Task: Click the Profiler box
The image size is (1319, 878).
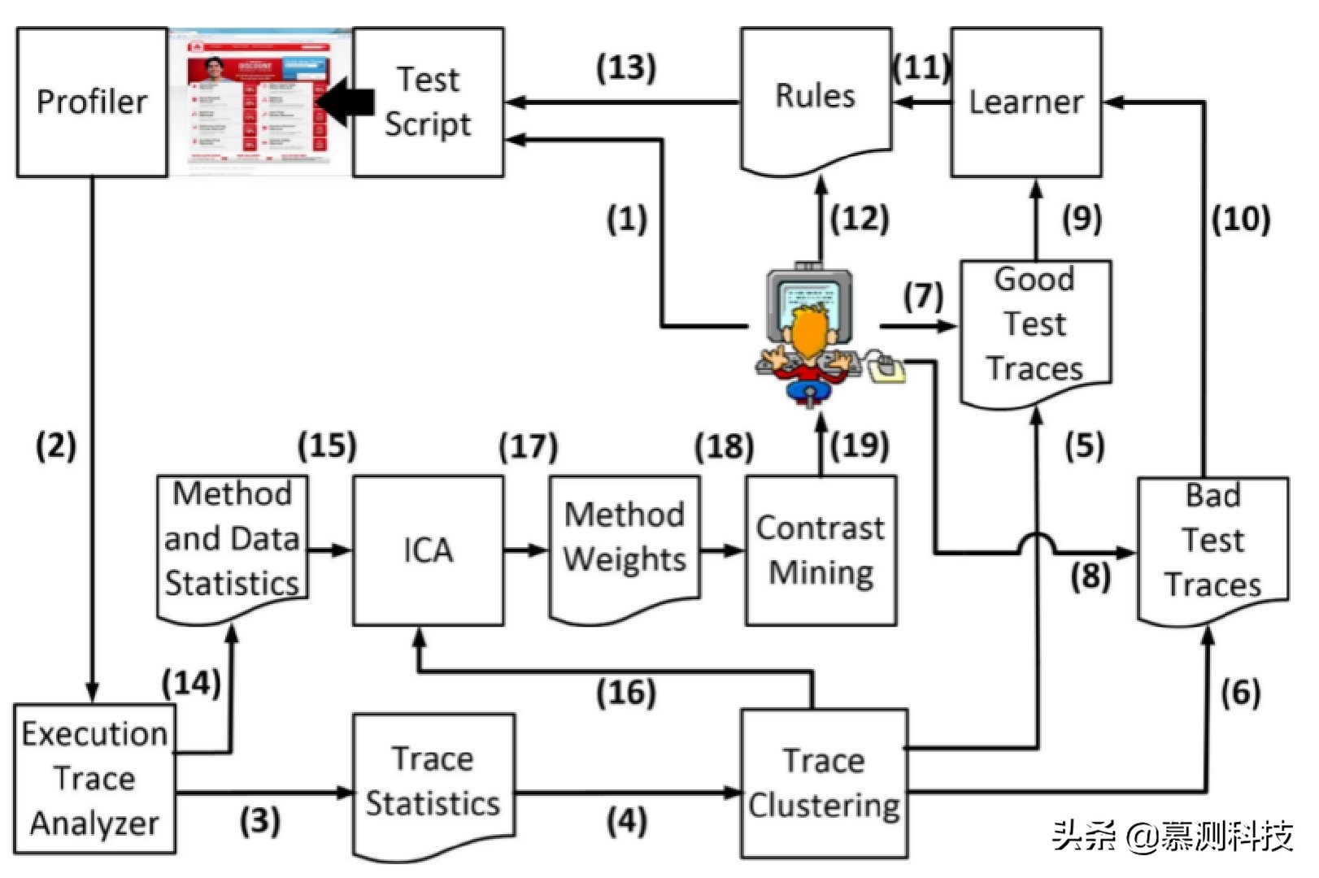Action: coord(92,102)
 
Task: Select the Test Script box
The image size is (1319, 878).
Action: coord(428,102)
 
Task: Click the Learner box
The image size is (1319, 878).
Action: coord(1026,102)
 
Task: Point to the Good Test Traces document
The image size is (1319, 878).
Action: coord(1035,325)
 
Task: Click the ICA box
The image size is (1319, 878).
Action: coord(428,550)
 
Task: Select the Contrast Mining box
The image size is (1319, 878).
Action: coord(821,550)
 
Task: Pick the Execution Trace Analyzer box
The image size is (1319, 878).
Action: coord(94,779)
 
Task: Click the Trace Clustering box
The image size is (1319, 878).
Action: coord(824,783)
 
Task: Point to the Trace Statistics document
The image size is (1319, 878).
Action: coord(433,781)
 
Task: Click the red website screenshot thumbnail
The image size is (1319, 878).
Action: coord(259,102)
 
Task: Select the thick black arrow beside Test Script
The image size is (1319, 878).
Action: coord(346,102)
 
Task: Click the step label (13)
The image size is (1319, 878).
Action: coord(626,67)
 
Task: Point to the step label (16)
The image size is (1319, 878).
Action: coord(626,693)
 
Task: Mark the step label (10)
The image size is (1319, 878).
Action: coord(1241,219)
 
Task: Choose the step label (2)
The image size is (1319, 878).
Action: coord(56,446)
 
